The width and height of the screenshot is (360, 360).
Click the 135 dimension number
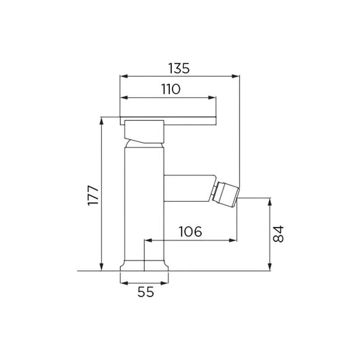[179, 69]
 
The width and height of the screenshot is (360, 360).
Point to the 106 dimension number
[190, 232]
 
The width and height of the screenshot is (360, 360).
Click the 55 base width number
[146, 293]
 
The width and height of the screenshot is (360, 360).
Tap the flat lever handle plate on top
[170, 121]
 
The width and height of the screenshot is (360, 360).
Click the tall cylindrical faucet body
[144, 204]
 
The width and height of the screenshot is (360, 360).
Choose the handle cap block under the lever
[144, 132]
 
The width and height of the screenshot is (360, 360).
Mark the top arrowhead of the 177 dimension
[101, 120]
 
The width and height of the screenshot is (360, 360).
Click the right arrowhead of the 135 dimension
[238, 77]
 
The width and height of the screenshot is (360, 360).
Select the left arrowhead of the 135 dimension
[122, 77]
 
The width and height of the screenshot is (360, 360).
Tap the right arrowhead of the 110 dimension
[215, 97]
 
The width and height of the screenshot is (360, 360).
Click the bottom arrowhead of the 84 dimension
[272, 270]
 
